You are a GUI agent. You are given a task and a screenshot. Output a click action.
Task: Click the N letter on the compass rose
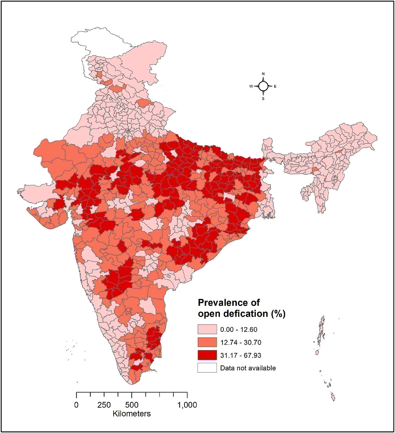(263, 74)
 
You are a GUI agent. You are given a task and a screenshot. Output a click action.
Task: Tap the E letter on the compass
(275, 87)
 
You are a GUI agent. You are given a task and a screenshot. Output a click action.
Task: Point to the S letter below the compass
(263, 99)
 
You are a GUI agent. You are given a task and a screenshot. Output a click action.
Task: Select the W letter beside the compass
(251, 86)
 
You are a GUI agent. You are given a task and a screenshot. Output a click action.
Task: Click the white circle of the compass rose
(263, 86)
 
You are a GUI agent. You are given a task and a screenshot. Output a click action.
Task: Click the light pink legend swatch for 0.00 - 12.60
(207, 330)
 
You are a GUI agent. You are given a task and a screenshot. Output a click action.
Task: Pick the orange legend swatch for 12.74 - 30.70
(207, 342)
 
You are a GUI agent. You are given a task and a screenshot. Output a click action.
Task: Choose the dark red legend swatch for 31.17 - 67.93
(207, 355)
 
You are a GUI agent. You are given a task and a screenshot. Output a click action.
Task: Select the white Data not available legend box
(207, 368)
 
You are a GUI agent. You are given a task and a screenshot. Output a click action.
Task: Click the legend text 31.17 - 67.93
(241, 356)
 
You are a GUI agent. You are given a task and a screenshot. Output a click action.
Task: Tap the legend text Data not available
(248, 368)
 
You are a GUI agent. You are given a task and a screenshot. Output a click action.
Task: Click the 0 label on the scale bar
(76, 405)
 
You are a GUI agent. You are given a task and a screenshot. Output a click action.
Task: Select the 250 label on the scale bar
(104, 405)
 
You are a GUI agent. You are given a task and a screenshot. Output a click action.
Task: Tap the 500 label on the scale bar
(132, 405)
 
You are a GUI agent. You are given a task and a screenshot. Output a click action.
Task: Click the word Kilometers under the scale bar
(132, 414)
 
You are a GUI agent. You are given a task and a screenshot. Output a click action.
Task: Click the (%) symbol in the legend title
(278, 314)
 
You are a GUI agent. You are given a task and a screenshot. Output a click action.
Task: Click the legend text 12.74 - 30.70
(241, 343)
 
